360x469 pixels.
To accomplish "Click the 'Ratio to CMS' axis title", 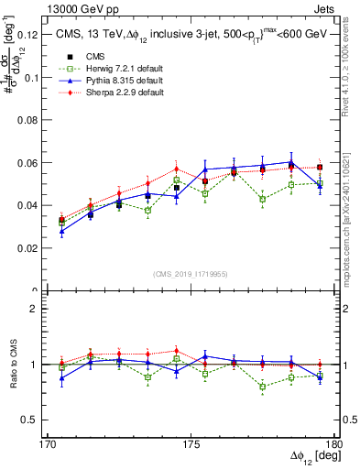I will pos(14,365).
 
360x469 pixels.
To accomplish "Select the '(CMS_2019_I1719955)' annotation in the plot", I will pos(191,274).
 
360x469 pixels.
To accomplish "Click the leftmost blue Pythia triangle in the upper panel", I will pos(61,232).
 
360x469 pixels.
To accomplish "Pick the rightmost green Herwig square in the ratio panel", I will pos(320,376).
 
